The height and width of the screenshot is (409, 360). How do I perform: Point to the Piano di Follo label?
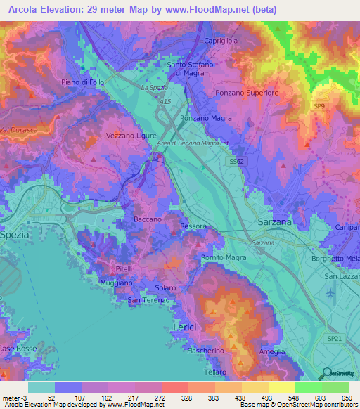(x=83, y=82)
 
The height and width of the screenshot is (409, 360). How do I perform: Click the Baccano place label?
(x=148, y=220)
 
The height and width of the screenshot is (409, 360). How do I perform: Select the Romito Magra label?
(x=223, y=258)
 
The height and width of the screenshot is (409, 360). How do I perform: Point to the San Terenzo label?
(x=148, y=301)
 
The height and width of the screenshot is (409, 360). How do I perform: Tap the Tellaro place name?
(x=214, y=372)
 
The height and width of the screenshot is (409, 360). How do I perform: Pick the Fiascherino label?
(x=206, y=350)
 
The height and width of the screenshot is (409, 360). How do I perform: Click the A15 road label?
(x=165, y=102)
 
